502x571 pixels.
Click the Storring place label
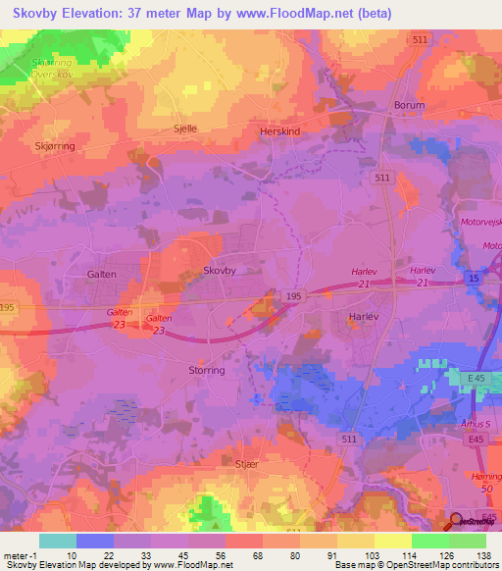coord(206,370)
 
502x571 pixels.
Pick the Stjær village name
coord(247,461)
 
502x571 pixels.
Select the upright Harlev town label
coord(364,317)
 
